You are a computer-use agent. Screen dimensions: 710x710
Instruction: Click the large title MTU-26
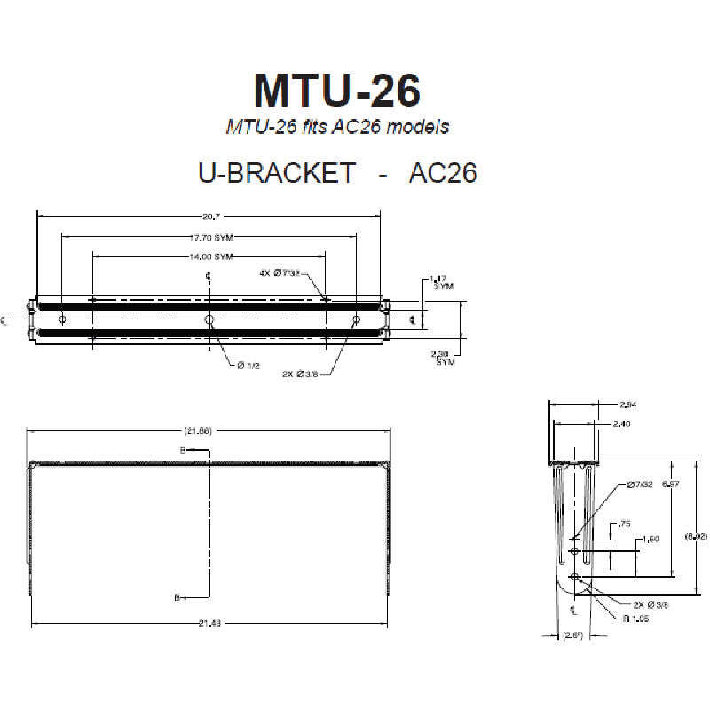(x=336, y=91)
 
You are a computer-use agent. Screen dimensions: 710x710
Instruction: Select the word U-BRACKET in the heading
(x=278, y=172)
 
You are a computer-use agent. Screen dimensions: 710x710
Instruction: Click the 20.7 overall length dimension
(x=209, y=216)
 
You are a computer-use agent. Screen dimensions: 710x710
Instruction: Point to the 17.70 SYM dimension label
(x=211, y=238)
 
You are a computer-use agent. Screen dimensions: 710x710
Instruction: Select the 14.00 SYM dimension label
(x=211, y=256)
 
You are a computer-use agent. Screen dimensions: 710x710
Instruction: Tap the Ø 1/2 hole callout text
(x=248, y=366)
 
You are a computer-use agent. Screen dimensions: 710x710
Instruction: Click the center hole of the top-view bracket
(x=209, y=319)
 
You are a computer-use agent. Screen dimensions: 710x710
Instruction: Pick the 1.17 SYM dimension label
(x=439, y=282)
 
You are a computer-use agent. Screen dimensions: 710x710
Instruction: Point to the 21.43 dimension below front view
(x=209, y=624)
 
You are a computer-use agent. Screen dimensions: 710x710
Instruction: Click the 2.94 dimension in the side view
(x=627, y=406)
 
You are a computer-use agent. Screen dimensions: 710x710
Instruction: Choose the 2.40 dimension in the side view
(x=622, y=424)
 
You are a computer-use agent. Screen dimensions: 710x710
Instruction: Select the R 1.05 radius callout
(x=636, y=619)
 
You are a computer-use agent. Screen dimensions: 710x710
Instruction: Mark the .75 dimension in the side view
(x=624, y=525)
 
